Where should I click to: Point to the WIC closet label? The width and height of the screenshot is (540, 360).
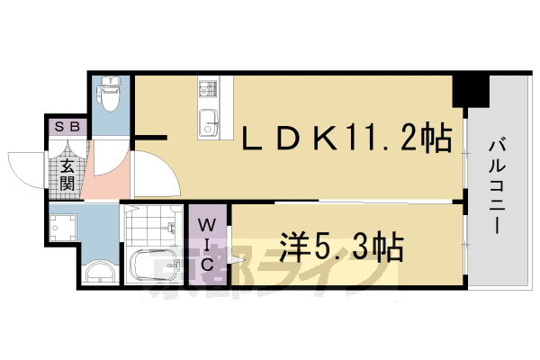coord(206,243)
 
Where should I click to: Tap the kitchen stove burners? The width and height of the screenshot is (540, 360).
coord(207,89)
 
